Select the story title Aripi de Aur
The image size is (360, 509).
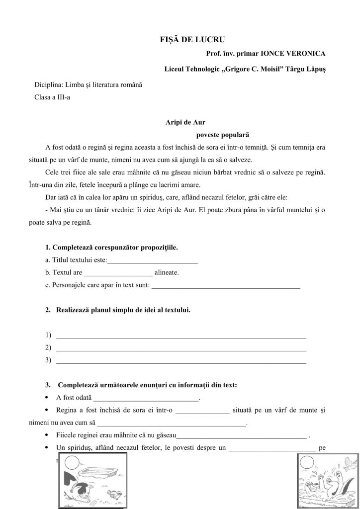185,121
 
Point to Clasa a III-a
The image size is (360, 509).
52,97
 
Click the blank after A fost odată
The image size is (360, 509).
146,398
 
